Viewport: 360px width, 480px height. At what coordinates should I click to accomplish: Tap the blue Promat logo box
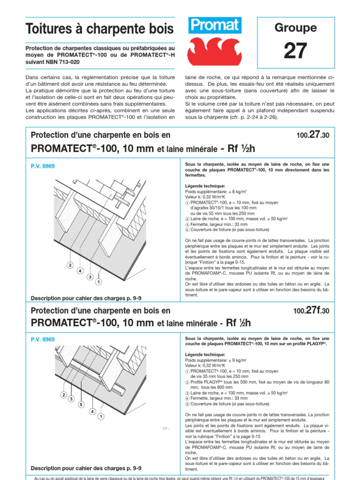pos(214,26)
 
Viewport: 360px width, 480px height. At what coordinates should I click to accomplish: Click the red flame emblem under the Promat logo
pos(214,51)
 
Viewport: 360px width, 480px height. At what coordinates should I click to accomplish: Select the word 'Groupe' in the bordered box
pos(295,28)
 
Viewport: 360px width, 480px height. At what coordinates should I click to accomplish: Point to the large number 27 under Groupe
pos(295,51)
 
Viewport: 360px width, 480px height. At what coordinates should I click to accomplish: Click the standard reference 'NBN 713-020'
pos(59,61)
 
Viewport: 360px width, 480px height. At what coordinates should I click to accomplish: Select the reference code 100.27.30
pos(313,135)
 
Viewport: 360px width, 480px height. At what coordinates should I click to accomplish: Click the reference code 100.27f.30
pos(311,310)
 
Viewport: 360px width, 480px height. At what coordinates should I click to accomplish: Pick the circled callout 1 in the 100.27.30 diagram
pos(98,282)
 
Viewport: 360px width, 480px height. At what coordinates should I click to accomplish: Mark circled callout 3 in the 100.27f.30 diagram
pos(72,399)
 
